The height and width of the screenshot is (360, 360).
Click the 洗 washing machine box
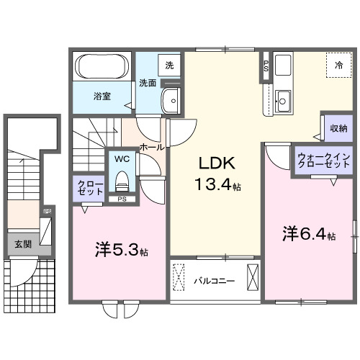coord(170,66)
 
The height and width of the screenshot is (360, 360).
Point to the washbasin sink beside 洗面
coord(171,101)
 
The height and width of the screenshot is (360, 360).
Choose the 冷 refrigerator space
coord(338,66)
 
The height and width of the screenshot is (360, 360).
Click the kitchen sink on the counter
coord(284,101)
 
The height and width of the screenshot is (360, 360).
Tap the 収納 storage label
coord(338,128)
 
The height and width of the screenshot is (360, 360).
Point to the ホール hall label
coord(151,147)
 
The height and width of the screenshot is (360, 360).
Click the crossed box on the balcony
coord(252,277)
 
